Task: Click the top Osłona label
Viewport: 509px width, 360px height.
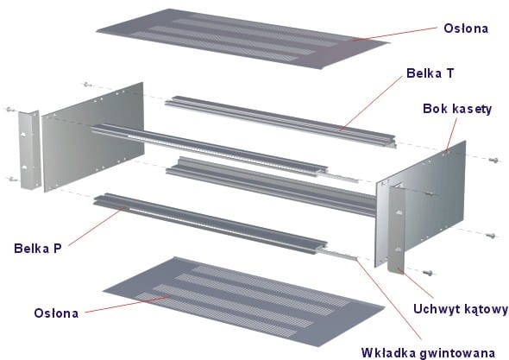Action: point(466,28)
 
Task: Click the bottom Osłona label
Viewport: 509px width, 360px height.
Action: point(56,313)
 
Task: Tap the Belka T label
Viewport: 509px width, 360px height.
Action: point(430,73)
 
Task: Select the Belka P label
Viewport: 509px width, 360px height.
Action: point(38,249)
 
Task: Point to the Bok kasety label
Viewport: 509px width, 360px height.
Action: point(457,109)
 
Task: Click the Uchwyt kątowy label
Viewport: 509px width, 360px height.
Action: point(461,309)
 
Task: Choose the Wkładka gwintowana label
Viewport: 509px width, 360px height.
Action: point(428,353)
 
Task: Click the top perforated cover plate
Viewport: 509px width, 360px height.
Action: point(243,38)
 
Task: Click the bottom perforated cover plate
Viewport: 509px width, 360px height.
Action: point(243,300)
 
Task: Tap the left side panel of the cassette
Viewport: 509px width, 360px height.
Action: point(93,136)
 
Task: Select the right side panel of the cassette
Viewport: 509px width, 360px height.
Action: point(422,203)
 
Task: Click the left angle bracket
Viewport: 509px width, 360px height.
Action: point(29,149)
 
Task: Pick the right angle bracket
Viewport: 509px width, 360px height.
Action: point(397,228)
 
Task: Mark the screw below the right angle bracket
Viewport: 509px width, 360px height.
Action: point(428,274)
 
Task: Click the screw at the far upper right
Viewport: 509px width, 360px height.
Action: point(493,160)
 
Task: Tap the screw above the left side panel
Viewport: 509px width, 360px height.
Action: point(87,85)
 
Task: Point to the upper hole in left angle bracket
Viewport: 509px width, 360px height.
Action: point(23,134)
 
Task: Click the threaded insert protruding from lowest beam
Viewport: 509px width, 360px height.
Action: point(337,254)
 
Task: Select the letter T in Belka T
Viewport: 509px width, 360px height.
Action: point(449,73)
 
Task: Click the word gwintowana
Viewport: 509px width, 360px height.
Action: point(458,353)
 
